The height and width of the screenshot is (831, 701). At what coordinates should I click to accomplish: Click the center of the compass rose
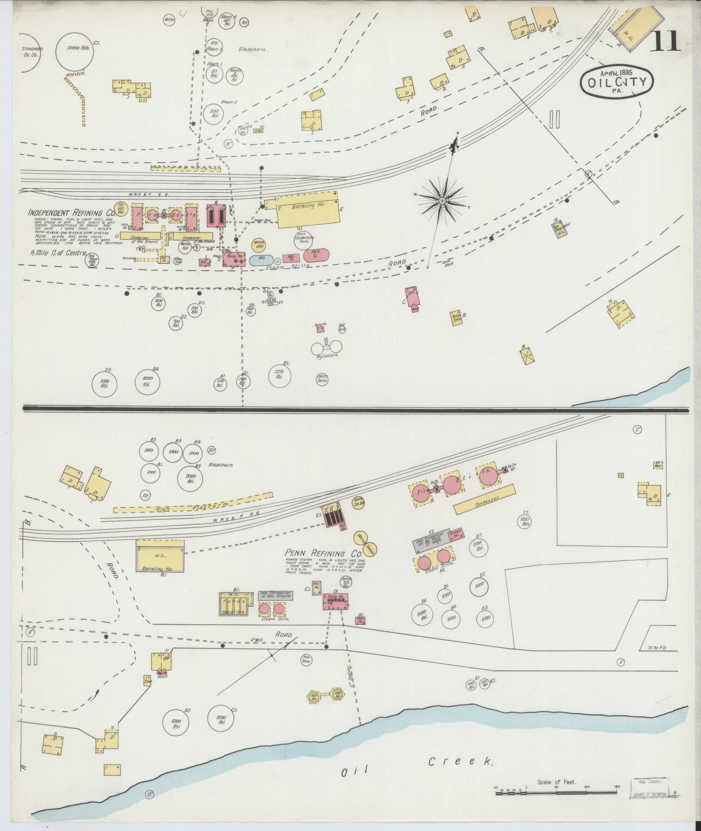pos(442,200)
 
